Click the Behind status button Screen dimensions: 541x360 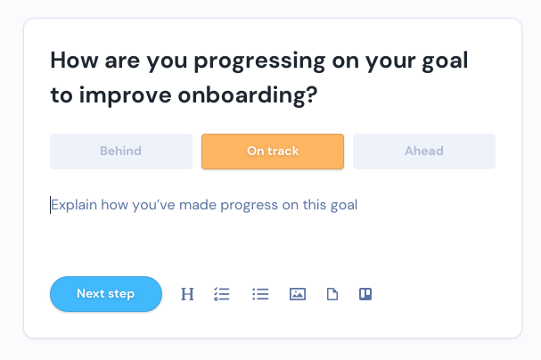pos(121,151)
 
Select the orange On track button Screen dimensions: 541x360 pos(273,151)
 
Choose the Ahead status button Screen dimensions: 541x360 pos(424,151)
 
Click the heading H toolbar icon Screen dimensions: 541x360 pos(187,294)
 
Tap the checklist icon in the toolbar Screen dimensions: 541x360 pos(222,294)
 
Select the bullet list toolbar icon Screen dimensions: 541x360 pos(260,294)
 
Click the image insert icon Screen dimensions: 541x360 pos(298,294)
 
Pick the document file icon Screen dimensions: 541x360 pos(332,294)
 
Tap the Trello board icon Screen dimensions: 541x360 pos(365,294)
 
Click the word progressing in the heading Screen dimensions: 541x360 pos(259,61)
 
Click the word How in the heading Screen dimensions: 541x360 pos(75,61)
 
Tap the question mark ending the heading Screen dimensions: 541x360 pos(312,94)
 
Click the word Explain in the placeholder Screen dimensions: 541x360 pos(74,205)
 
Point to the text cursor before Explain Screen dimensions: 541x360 pos(51,205)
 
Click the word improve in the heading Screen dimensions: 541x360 pos(126,95)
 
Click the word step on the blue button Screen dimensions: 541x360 pos(120,294)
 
